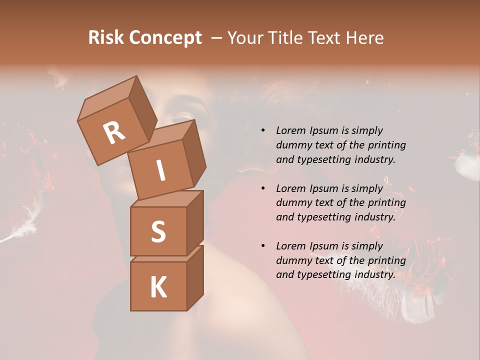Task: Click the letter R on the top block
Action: pos(114,133)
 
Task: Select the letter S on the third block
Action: pos(158,232)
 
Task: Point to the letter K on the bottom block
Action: pos(158,287)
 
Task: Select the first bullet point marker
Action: pos(263,130)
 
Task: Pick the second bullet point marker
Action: pos(263,188)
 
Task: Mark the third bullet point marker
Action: pos(263,246)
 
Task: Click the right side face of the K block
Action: pos(195,277)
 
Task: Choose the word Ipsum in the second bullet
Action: pos(323,188)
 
